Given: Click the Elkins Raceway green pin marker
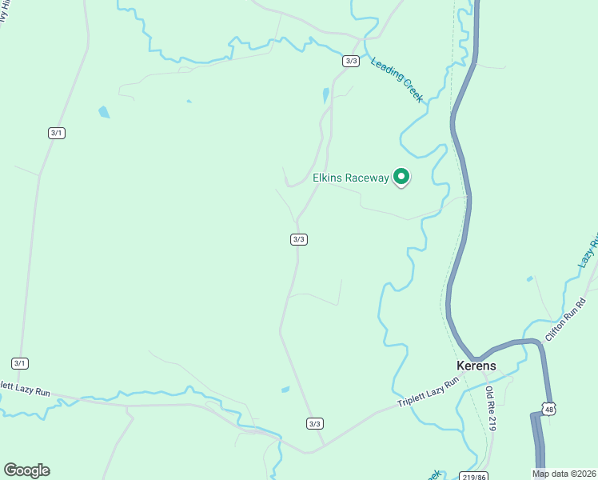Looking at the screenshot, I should (401, 177).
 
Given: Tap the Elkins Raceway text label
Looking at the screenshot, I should (350, 178).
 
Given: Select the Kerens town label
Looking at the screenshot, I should (476, 366).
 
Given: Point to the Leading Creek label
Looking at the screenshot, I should (397, 79).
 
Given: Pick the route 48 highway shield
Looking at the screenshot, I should (548, 409).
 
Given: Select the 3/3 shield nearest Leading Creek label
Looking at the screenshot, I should (351, 61).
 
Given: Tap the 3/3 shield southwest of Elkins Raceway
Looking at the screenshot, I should (298, 238).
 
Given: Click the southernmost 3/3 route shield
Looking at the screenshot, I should (314, 423).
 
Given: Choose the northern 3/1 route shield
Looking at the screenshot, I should (56, 133).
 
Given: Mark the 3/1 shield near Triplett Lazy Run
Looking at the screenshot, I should (20, 363).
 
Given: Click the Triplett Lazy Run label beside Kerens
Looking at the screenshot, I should (429, 393).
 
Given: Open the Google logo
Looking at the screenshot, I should (26, 470).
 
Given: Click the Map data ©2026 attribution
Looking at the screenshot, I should (564, 474).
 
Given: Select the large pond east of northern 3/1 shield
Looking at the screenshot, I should (104, 112).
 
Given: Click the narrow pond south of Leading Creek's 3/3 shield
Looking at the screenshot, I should (325, 96).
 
